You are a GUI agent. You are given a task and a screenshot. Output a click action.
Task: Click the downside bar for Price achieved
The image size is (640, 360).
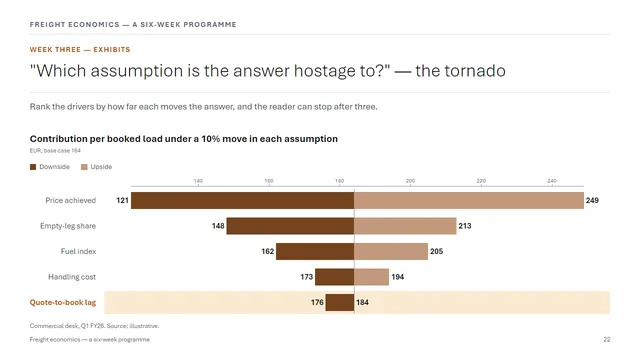pyautogui.click(x=242, y=200)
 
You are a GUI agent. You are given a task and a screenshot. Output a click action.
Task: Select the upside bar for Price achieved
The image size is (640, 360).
pyautogui.click(x=469, y=200)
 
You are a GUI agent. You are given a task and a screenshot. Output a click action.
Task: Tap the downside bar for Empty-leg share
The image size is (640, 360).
pyautogui.click(x=290, y=226)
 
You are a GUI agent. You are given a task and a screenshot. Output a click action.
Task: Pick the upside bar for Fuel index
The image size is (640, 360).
pyautogui.click(x=391, y=251)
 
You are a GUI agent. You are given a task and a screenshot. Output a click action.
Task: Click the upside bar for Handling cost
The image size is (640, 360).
pyautogui.click(x=371, y=277)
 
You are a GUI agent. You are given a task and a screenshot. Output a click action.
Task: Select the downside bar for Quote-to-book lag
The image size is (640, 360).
pyautogui.click(x=340, y=302)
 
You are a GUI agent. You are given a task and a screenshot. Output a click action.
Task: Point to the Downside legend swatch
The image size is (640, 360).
pyautogui.click(x=33, y=167)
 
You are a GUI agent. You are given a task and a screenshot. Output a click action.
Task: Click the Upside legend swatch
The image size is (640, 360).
pyautogui.click(x=84, y=167)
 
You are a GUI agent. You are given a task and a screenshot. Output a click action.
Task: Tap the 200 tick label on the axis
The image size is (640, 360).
pyautogui.click(x=410, y=181)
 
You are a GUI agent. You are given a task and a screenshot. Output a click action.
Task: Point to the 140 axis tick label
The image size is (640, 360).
pyautogui.click(x=198, y=181)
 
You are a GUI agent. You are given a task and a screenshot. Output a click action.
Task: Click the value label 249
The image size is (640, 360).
pyautogui.click(x=592, y=200)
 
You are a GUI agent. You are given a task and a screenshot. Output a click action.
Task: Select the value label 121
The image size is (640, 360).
pyautogui.click(x=122, y=200)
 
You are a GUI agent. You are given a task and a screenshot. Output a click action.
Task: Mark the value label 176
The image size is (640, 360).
pyautogui.click(x=317, y=302)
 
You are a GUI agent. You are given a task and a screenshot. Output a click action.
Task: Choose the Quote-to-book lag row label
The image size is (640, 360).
pyautogui.click(x=63, y=302)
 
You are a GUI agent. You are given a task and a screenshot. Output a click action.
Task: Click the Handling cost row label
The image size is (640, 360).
pyautogui.click(x=72, y=277)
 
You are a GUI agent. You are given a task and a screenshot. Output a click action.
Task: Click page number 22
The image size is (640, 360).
pyautogui.click(x=607, y=340)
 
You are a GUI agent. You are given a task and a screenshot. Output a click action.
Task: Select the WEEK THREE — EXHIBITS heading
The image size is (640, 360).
pyautogui.click(x=80, y=49)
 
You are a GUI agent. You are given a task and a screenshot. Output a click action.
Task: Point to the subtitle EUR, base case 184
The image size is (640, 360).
pyautogui.click(x=55, y=151)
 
